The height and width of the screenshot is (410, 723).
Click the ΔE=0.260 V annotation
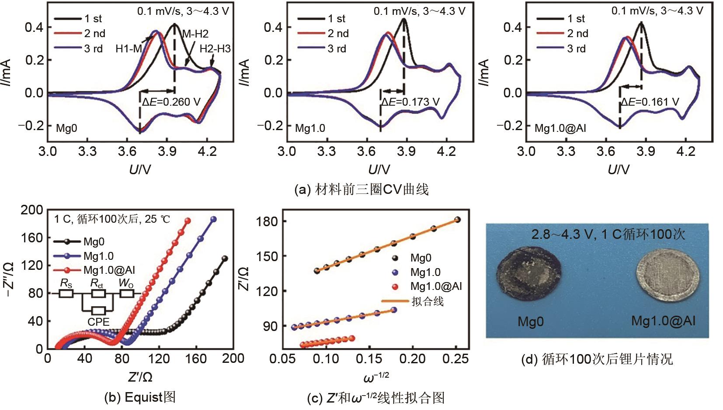171,102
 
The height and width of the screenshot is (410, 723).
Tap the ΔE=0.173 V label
410,102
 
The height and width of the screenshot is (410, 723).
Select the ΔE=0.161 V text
650,102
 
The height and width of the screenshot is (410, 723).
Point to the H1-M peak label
129,49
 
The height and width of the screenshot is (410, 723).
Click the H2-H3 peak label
215,48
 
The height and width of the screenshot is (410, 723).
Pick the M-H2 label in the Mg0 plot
195,34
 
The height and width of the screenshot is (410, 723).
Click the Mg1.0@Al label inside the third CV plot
560,128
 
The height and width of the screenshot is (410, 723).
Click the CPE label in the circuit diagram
98,322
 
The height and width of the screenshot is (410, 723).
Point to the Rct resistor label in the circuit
97,283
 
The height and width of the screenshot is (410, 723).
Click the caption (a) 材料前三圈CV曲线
361,189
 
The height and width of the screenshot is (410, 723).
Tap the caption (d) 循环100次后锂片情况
597,359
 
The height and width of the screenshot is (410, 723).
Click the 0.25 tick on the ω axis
456,359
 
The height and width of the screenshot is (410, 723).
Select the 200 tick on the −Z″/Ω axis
32,210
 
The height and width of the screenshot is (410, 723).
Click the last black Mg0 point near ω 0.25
457,220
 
